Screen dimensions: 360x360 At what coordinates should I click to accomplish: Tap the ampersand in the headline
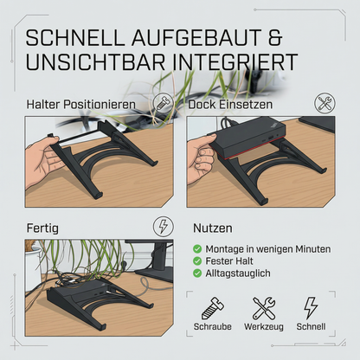[x=274, y=37]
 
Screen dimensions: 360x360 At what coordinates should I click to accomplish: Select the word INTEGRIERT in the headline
[x=235, y=61]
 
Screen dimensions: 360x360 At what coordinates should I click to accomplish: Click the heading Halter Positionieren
[x=80, y=104]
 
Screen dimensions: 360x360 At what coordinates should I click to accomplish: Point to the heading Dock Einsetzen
[x=230, y=104]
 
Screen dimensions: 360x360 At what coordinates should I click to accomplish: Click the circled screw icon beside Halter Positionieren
[x=163, y=103]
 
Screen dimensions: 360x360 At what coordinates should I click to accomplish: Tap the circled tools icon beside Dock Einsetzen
[x=325, y=103]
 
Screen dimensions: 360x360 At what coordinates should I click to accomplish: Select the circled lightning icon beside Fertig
[x=164, y=226]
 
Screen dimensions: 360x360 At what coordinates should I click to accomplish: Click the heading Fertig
[x=42, y=228]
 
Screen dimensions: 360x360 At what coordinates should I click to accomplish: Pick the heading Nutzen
[x=213, y=228]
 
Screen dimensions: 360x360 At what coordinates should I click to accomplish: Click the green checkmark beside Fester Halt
[x=197, y=261]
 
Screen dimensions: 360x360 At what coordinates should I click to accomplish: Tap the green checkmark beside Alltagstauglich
[x=197, y=273]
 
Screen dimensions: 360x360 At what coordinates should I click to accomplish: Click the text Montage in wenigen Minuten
[x=268, y=248]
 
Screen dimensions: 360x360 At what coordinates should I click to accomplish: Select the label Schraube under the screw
[x=213, y=326]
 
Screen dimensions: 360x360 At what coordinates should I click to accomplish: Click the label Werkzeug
[x=264, y=326]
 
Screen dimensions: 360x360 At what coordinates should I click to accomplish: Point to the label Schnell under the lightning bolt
[x=311, y=326]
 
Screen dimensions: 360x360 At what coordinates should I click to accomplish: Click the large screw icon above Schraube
[x=213, y=308]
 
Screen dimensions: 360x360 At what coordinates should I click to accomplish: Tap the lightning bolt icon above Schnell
[x=311, y=308]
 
